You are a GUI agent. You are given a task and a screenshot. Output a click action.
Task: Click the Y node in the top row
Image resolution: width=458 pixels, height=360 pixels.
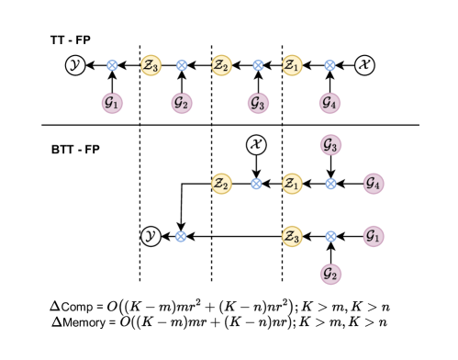(75, 65)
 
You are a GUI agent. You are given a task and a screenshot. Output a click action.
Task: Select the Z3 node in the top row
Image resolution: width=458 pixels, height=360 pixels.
(151, 65)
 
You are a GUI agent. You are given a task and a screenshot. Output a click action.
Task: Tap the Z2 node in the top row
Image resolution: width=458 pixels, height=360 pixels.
(221, 65)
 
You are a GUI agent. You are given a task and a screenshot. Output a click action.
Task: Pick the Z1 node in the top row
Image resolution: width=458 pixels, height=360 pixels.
(292, 65)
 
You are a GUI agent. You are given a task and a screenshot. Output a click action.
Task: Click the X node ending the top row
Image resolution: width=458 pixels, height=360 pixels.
(364, 65)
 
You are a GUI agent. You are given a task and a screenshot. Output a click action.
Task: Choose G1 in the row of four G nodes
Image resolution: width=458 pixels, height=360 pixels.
(112, 104)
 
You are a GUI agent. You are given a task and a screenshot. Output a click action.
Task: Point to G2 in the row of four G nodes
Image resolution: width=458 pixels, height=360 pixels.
(182, 104)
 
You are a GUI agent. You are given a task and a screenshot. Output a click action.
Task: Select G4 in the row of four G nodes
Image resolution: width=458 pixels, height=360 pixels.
(330, 104)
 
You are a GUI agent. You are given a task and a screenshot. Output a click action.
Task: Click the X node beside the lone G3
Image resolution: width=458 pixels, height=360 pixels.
(256, 144)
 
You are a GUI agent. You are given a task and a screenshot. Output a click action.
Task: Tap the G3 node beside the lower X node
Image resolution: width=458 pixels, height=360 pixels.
(330, 144)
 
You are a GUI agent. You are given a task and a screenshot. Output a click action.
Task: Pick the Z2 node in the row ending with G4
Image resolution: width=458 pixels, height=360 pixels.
(221, 184)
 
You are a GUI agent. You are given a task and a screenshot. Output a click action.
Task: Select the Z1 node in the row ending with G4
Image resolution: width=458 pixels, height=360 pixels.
(292, 184)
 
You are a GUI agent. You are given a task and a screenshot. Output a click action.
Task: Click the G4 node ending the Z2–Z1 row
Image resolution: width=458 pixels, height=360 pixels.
(373, 184)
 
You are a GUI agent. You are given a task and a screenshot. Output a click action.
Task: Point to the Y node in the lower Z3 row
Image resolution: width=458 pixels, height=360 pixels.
(151, 236)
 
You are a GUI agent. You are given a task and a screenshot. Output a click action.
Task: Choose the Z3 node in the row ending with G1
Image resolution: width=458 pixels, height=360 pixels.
(292, 236)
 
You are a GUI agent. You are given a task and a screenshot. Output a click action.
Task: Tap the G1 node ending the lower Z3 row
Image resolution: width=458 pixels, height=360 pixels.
(373, 236)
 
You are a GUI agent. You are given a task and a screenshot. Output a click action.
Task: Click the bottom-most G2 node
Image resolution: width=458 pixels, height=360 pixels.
(330, 274)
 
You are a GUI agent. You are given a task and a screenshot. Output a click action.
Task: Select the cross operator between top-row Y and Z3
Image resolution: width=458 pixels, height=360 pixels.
(112, 65)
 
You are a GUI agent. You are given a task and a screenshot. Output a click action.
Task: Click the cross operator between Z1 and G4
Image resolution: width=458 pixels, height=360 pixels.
(330, 184)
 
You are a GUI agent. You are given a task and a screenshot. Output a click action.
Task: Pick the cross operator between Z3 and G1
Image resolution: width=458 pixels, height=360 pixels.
(330, 236)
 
